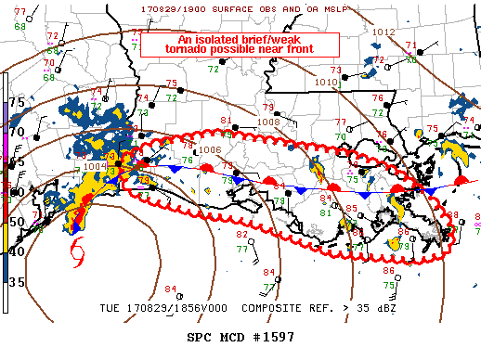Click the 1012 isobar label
(383, 32)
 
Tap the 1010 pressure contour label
(326, 82)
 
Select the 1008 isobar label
(268, 122)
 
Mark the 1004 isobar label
(95, 167)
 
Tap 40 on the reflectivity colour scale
(16, 251)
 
